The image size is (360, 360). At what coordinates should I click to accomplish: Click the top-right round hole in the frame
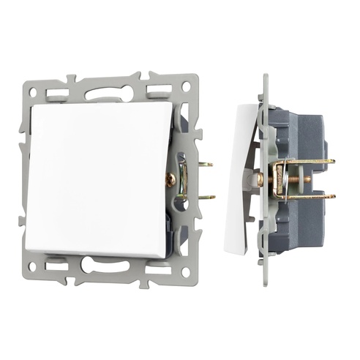point(186,87)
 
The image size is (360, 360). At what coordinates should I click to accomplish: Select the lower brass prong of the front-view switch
point(206,196)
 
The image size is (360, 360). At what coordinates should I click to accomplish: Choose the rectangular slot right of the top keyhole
point(157,91)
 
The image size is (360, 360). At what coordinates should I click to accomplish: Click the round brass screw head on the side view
point(260,179)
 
